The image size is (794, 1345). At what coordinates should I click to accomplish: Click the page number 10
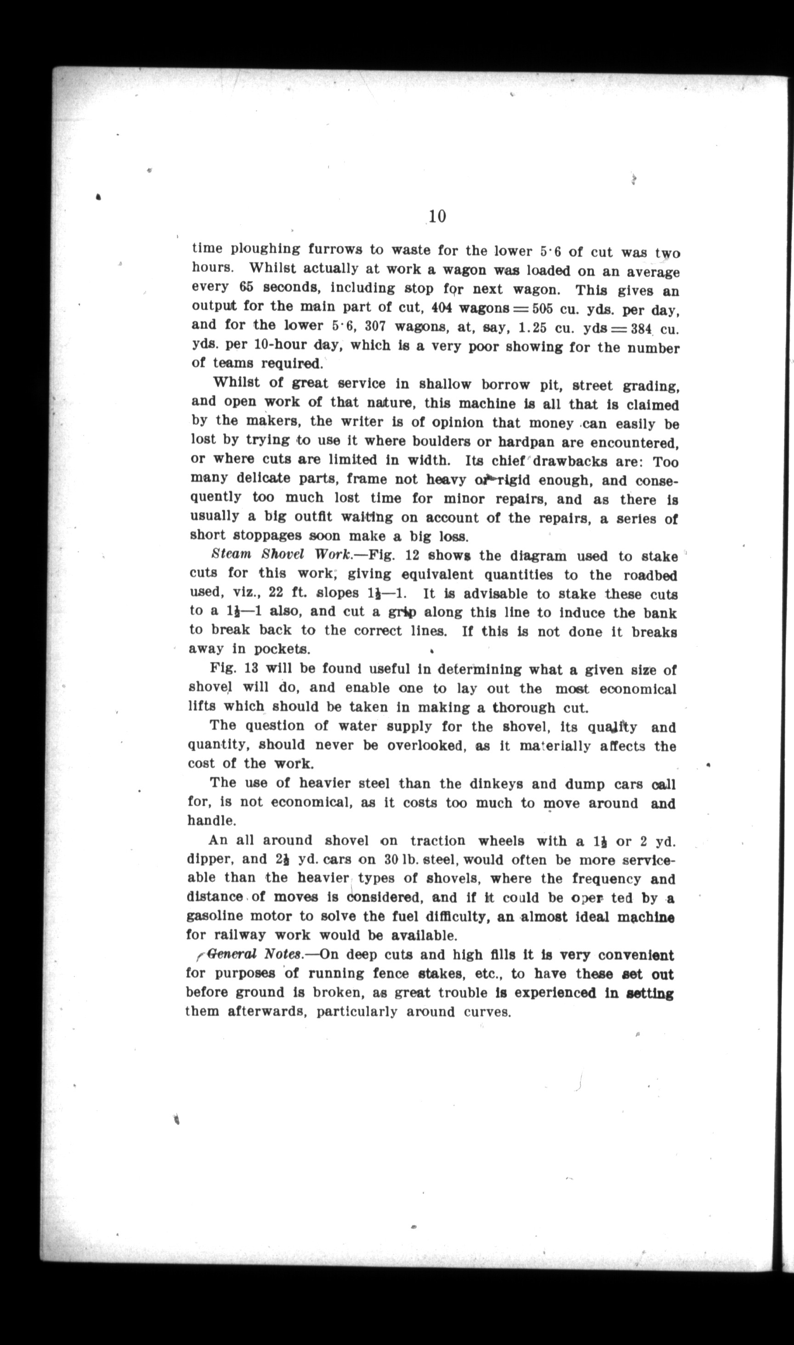pos(436,216)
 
